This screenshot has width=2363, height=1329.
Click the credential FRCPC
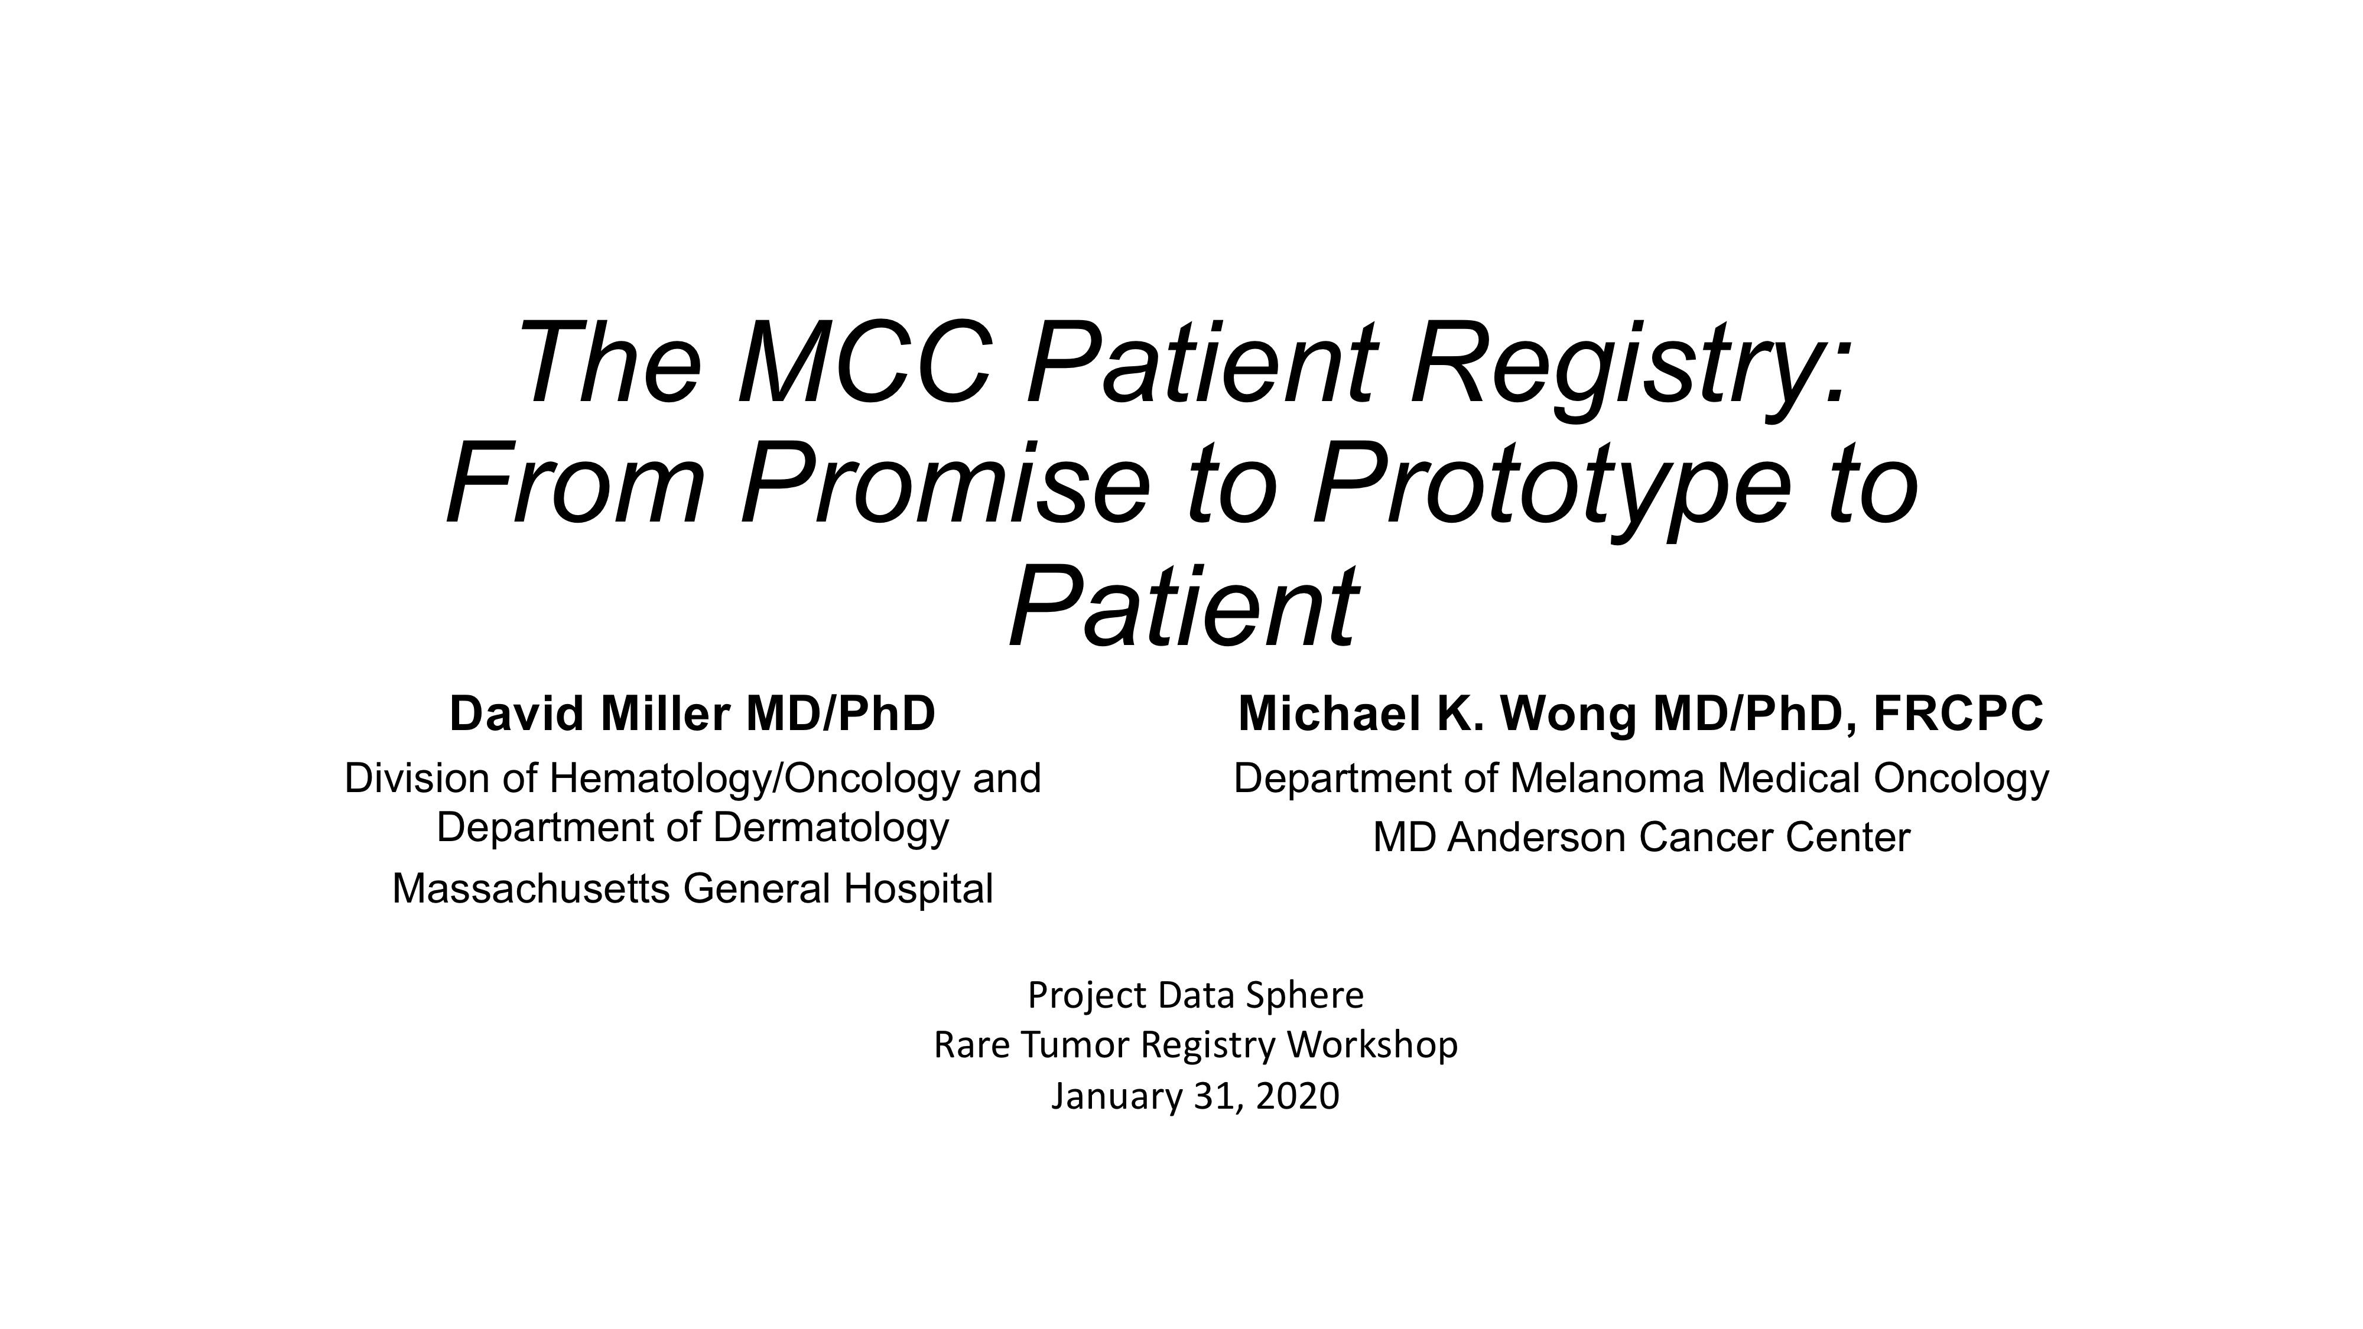1958,713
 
